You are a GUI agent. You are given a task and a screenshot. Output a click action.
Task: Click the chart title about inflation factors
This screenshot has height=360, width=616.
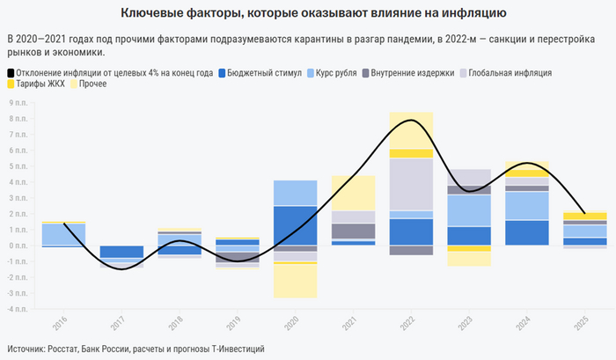[x=308, y=13]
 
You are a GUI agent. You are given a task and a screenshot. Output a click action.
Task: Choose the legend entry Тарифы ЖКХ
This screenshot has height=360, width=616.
[x=39, y=84]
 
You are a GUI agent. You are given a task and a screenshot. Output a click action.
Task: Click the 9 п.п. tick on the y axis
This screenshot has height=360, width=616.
[x=18, y=103]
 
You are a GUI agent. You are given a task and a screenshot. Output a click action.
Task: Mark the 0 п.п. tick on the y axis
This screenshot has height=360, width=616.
[x=18, y=246]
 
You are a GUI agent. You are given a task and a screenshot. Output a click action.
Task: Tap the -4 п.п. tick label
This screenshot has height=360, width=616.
[x=17, y=309]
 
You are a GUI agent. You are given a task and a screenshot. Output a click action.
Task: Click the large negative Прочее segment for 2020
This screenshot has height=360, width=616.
[x=295, y=281]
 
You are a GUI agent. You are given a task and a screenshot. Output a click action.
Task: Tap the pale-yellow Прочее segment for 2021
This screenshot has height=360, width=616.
[x=353, y=193]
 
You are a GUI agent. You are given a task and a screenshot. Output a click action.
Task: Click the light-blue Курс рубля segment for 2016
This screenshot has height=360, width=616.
[x=63, y=234]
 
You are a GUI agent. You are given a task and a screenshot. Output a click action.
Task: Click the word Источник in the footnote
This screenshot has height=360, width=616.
[x=27, y=349]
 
